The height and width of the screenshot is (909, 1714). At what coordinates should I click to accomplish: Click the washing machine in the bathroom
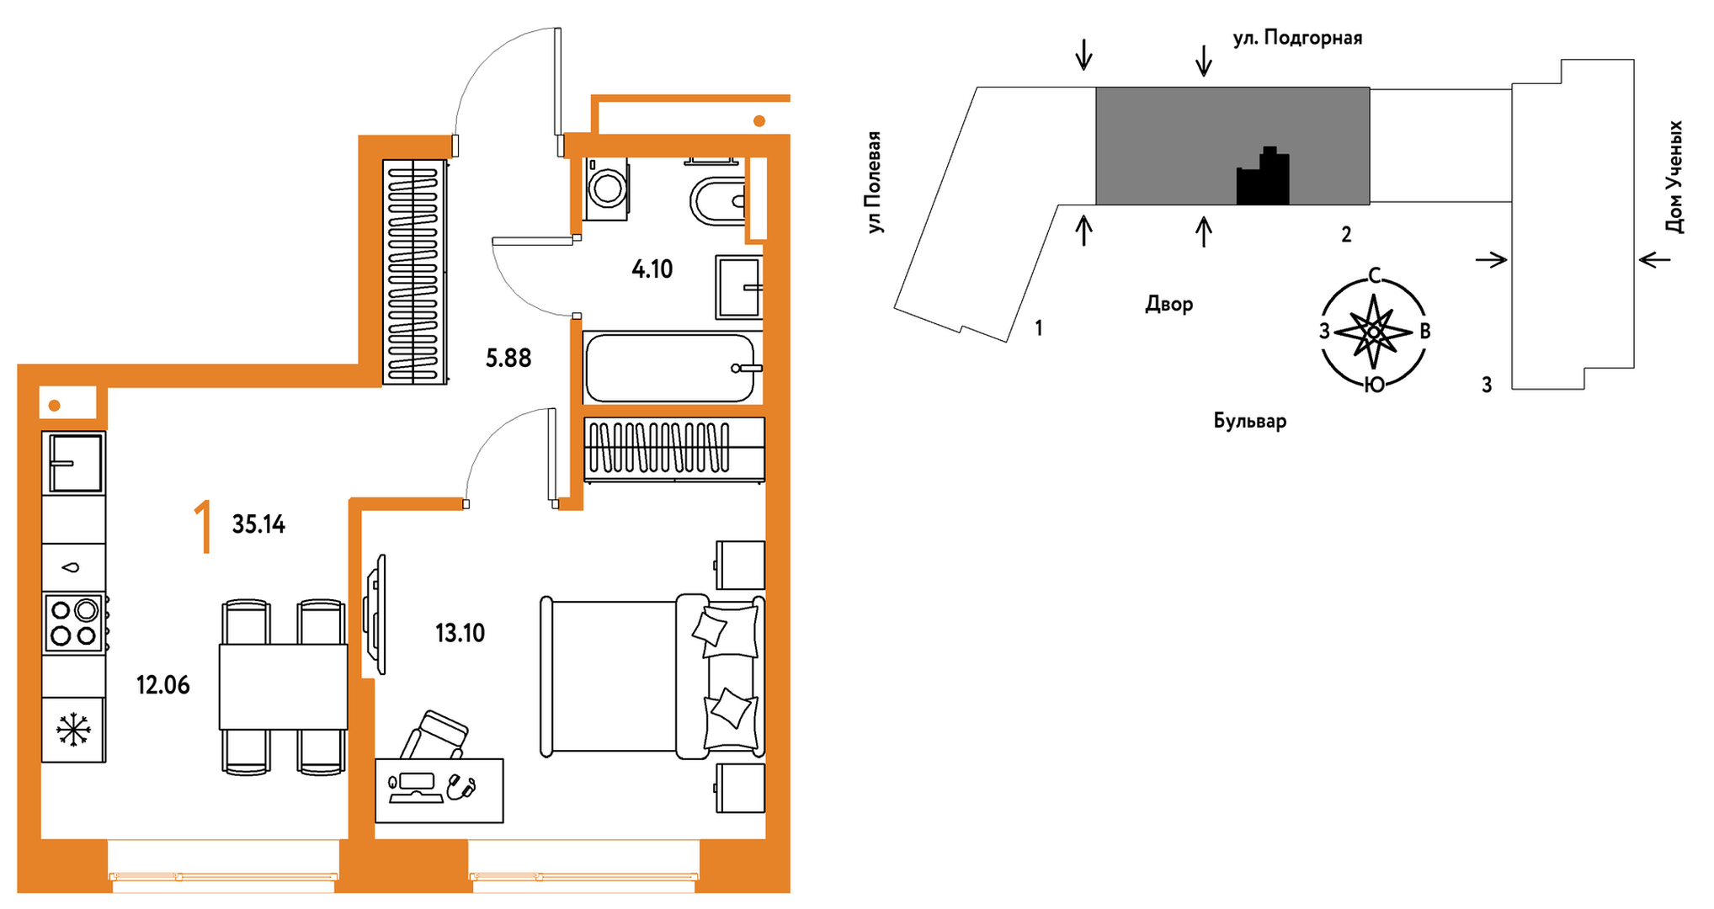pos(606,189)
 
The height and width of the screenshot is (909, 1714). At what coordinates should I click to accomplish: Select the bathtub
pos(673,368)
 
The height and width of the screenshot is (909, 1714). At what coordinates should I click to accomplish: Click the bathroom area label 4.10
pos(652,269)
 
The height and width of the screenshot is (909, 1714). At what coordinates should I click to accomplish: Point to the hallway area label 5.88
pos(508,359)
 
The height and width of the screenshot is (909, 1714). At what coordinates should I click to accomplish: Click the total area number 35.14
pos(258,524)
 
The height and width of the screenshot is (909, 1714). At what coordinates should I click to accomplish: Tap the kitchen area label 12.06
pos(163,685)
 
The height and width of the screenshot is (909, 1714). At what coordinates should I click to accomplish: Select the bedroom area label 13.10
pos(460,633)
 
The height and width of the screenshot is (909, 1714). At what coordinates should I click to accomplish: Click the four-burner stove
pos(74,623)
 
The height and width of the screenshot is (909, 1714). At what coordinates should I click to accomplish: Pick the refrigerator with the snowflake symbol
pos(73,730)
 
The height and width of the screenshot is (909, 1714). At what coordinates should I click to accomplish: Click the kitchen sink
pos(74,463)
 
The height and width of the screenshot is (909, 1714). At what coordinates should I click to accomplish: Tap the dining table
pos(284,687)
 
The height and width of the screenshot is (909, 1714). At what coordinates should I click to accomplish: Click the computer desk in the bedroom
pos(439,790)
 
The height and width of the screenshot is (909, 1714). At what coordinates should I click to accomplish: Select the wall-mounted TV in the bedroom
pos(375,614)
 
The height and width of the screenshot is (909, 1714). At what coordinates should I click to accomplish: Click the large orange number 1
pos(203,526)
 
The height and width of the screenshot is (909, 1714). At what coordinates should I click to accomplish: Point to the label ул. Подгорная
pos(1297,39)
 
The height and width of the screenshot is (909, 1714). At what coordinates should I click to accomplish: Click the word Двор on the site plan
pos(1168,305)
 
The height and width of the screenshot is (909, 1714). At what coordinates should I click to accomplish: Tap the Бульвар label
pos(1250,421)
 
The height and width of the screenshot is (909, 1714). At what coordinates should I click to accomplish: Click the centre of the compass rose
pos(1373,332)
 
